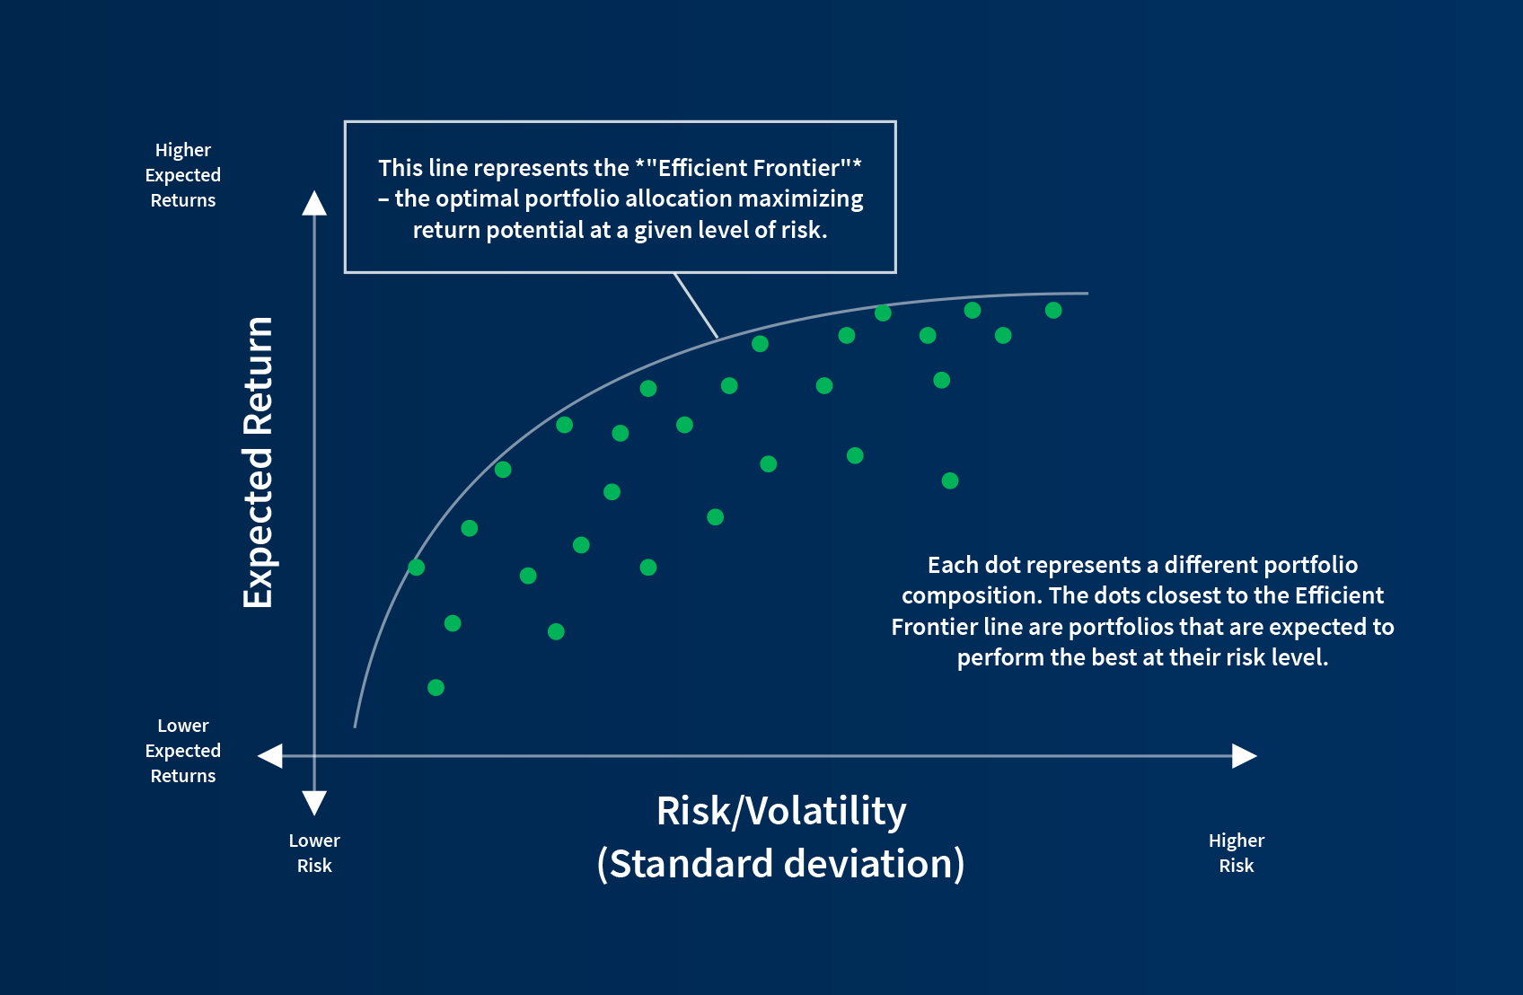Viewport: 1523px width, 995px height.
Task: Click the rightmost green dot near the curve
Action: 1053,311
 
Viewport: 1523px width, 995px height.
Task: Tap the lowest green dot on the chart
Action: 436,688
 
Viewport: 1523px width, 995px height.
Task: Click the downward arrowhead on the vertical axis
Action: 314,802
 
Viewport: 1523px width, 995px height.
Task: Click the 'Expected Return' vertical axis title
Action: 258,462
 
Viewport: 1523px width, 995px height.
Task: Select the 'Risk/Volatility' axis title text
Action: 781,811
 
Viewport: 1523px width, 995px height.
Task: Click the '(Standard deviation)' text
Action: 781,864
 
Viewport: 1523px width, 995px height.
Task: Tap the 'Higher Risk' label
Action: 1236,853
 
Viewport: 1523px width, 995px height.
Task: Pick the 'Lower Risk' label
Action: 314,853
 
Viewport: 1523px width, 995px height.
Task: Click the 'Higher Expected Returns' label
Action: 183,175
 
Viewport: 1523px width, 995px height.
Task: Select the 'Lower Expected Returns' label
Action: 183,751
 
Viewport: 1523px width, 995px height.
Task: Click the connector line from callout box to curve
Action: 696,305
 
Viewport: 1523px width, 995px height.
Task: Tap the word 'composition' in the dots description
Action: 971,596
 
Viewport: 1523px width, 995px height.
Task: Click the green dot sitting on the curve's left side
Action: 416,568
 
